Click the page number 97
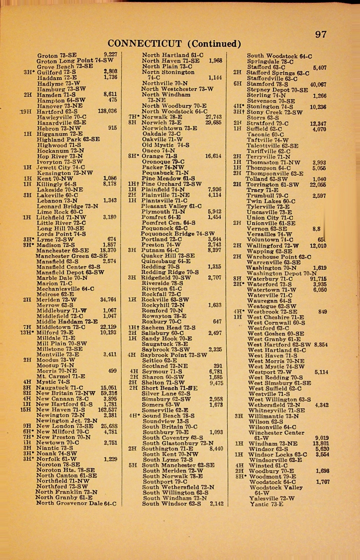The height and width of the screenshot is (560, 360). (x=321, y=34)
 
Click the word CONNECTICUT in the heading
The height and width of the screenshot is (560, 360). (x=145, y=44)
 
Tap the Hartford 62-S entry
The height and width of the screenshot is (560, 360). (x=57, y=111)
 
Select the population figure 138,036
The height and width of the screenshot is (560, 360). (x=107, y=111)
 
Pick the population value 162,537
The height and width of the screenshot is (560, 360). (x=107, y=410)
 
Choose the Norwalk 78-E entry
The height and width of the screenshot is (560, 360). (x=162, y=117)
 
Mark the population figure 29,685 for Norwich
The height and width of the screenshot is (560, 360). (x=214, y=123)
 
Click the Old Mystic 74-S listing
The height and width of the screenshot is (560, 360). (x=165, y=145)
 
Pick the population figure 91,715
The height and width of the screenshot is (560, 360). (x=318, y=279)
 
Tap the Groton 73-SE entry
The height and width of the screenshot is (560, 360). (x=57, y=56)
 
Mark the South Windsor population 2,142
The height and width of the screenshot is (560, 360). (x=216, y=504)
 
